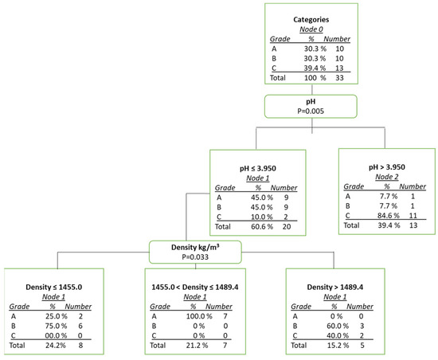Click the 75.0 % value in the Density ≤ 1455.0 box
pyautogui.click(x=50, y=326)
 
